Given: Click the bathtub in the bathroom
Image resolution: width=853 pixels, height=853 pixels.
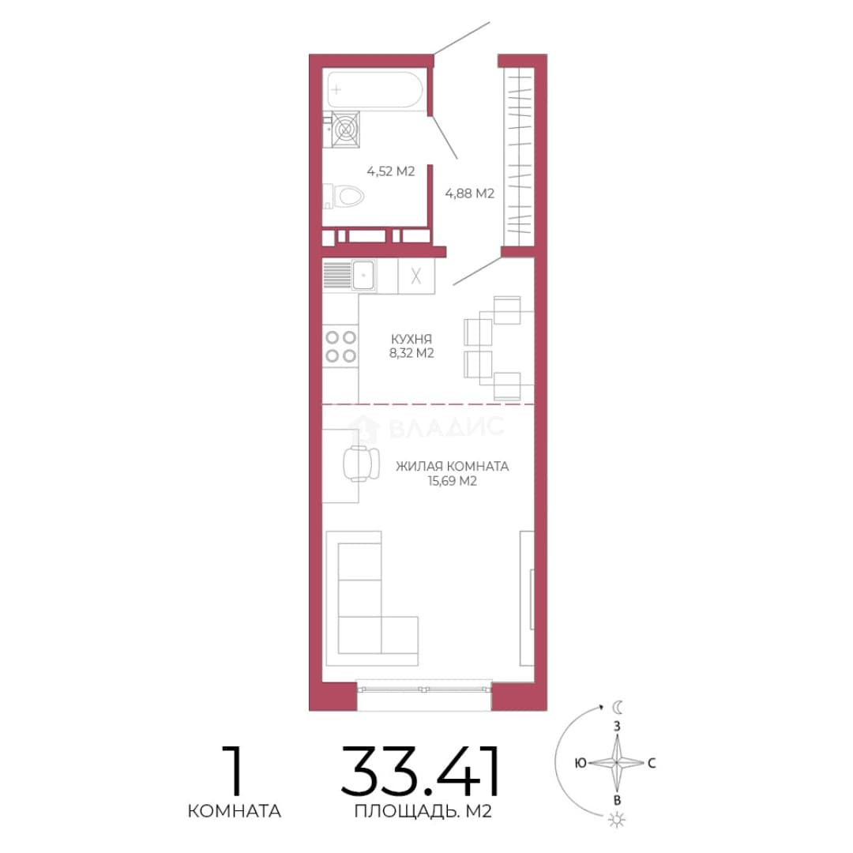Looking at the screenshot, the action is (x=375, y=90).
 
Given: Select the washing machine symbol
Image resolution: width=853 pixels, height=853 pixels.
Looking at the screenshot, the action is (x=345, y=130).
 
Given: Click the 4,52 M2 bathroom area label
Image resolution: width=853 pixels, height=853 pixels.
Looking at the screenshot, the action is (x=391, y=171).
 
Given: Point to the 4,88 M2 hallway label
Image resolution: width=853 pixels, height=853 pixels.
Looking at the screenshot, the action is (x=469, y=194).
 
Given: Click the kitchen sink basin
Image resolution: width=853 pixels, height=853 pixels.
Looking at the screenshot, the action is (x=363, y=275).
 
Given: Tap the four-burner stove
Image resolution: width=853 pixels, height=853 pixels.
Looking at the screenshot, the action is (x=340, y=347).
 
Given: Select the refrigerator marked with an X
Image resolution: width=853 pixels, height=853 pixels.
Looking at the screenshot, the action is (x=416, y=276).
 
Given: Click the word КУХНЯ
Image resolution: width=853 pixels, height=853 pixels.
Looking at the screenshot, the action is (x=411, y=339).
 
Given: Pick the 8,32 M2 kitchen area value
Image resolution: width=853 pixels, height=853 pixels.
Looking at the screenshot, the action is (x=411, y=354).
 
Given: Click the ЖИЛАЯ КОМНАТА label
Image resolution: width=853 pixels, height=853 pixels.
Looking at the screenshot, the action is (x=452, y=466).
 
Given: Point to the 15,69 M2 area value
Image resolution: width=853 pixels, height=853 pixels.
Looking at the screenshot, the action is (x=452, y=481).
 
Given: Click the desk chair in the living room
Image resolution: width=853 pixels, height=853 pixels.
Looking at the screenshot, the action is (x=361, y=464).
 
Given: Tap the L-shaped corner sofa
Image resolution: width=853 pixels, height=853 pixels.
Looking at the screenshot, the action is (x=372, y=599).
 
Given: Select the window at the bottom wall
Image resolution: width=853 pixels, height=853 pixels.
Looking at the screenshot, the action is (x=424, y=690).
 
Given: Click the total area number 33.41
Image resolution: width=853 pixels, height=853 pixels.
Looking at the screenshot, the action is (x=420, y=771).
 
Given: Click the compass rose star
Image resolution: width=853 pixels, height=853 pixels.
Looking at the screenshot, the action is (x=617, y=763).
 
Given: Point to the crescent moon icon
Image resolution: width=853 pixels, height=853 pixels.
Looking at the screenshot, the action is (x=618, y=707).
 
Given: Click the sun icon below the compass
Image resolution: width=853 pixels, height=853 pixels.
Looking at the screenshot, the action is (x=617, y=820).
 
